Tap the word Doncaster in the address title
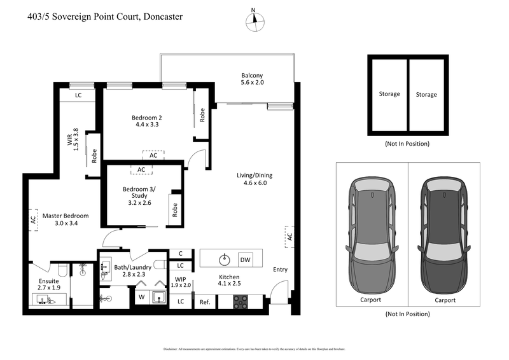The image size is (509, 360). pos(160,17)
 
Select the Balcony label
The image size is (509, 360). pos(252,79)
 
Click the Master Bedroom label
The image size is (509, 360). pos(66,219)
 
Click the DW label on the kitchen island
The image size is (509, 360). pos(245,260)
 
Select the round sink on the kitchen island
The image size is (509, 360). pos(223,259)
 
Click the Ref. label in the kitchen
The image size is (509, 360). pos(205,302)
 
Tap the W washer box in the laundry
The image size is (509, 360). pos(141,296)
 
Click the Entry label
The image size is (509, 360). pos(280,270)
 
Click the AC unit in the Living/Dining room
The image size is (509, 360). pos(288,237)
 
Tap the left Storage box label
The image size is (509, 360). pos(389,94)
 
